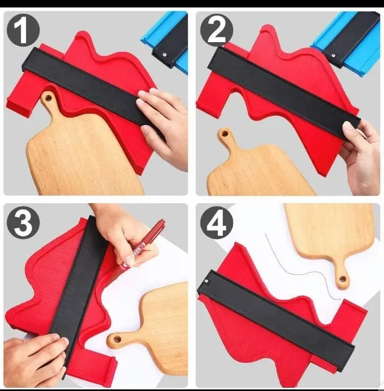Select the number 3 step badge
[x=22, y=222]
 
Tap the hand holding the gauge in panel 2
[x=363, y=155]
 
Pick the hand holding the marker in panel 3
[x=120, y=229]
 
